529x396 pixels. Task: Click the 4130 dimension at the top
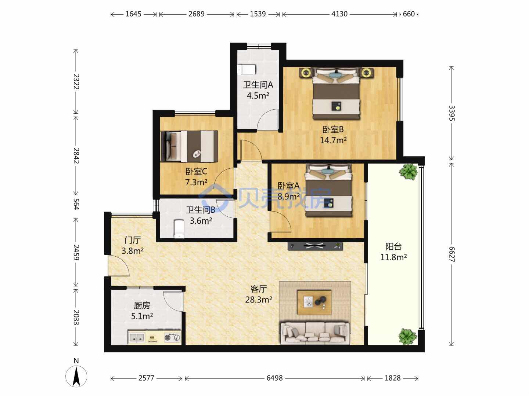[339, 14]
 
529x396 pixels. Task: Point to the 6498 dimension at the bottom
[274, 378]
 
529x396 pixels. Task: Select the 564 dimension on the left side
[76, 204]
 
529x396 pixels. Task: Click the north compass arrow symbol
[76, 376]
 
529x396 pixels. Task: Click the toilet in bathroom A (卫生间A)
[246, 70]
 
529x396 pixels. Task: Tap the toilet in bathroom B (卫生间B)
[179, 229]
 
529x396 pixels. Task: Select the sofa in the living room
[315, 334]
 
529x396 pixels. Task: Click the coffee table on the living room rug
[314, 302]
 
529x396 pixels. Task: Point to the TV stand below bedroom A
[315, 246]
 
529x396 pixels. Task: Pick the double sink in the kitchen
[137, 338]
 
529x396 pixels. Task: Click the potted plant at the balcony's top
[408, 172]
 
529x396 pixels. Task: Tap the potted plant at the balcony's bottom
[407, 337]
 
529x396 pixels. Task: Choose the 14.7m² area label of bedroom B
[333, 140]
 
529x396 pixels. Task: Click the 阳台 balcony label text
[393, 246]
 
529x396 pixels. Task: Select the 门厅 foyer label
[133, 240]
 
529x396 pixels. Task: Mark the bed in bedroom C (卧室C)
[190, 146]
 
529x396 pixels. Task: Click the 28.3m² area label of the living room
[259, 300]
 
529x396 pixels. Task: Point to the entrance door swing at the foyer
[119, 265]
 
